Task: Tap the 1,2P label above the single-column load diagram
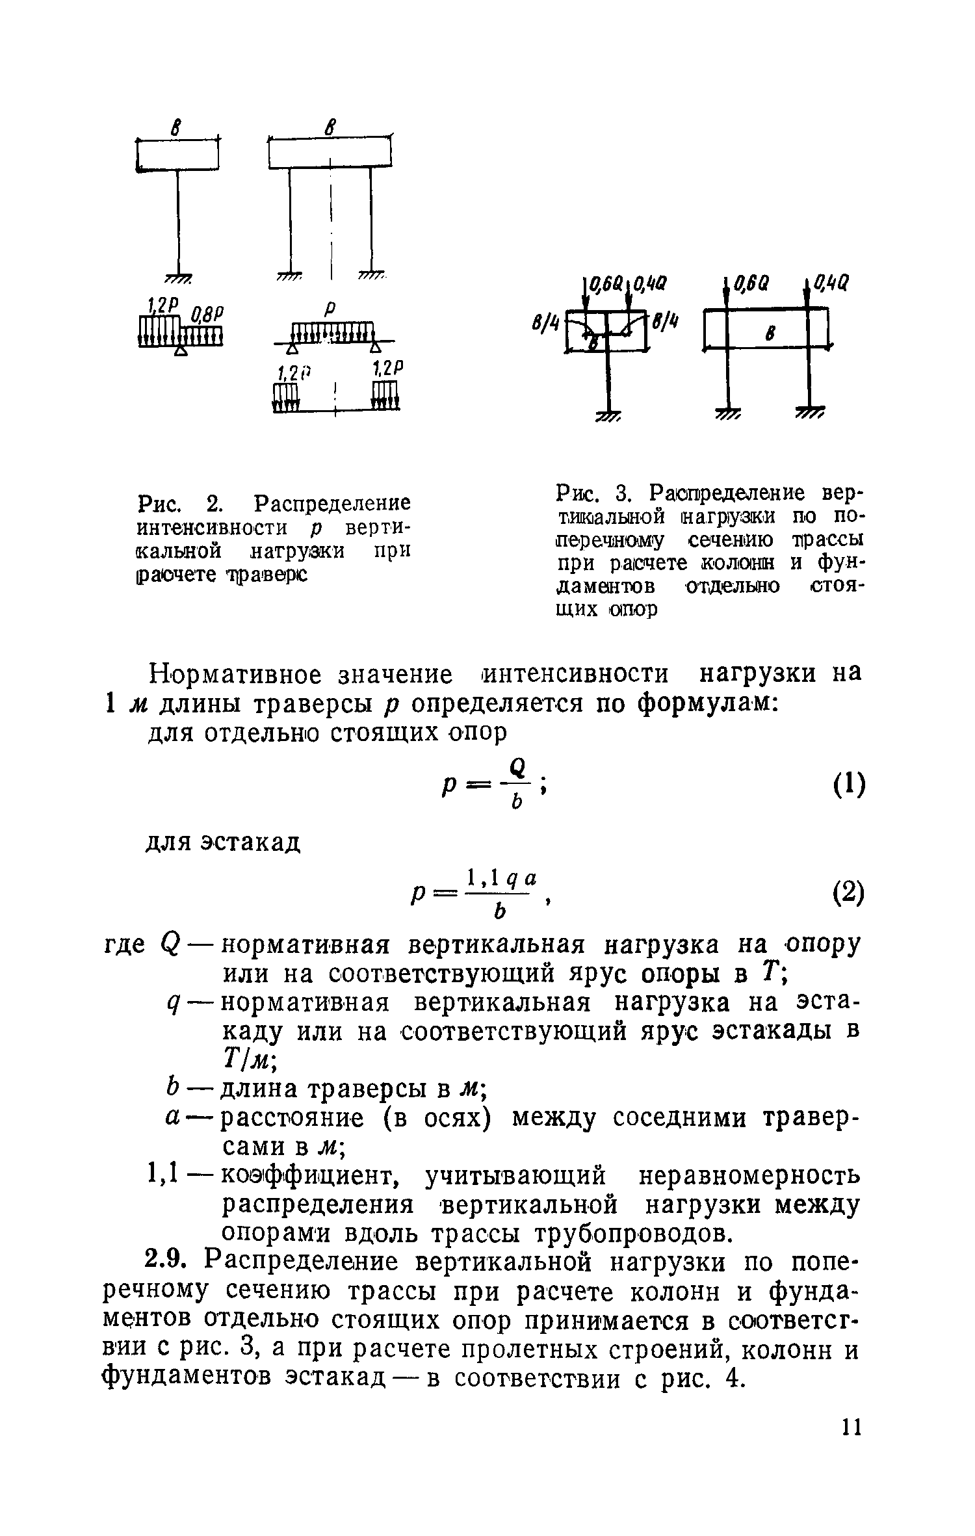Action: (160, 306)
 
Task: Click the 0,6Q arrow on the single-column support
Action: (587, 299)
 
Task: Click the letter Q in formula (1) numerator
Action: (517, 767)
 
